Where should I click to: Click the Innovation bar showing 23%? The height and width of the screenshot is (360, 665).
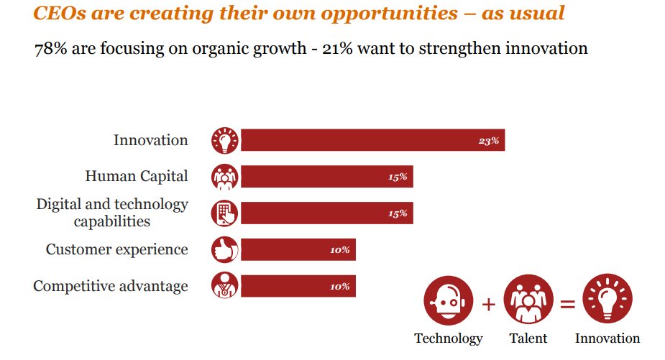372,140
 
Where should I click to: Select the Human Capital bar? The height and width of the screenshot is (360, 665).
326,177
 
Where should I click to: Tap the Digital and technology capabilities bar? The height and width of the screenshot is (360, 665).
326,213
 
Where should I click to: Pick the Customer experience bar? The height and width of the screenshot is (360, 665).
298,250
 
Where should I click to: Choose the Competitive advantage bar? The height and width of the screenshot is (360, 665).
298,286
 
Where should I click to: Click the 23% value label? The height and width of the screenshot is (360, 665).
488,141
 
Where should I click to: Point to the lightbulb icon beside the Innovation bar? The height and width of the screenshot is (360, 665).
225,140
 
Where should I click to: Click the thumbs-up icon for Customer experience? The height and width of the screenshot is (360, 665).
225,250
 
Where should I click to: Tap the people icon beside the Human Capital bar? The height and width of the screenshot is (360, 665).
225,177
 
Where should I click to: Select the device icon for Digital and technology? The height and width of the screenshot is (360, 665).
225,213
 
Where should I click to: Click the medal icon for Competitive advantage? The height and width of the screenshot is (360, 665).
225,286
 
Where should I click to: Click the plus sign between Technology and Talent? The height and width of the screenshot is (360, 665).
488,304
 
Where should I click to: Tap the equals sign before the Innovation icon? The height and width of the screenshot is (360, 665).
567,304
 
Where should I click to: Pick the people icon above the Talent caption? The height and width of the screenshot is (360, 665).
528,302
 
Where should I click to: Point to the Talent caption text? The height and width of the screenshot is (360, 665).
528,338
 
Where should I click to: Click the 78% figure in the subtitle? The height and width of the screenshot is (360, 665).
47,50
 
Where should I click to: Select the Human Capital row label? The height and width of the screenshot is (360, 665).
137,176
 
